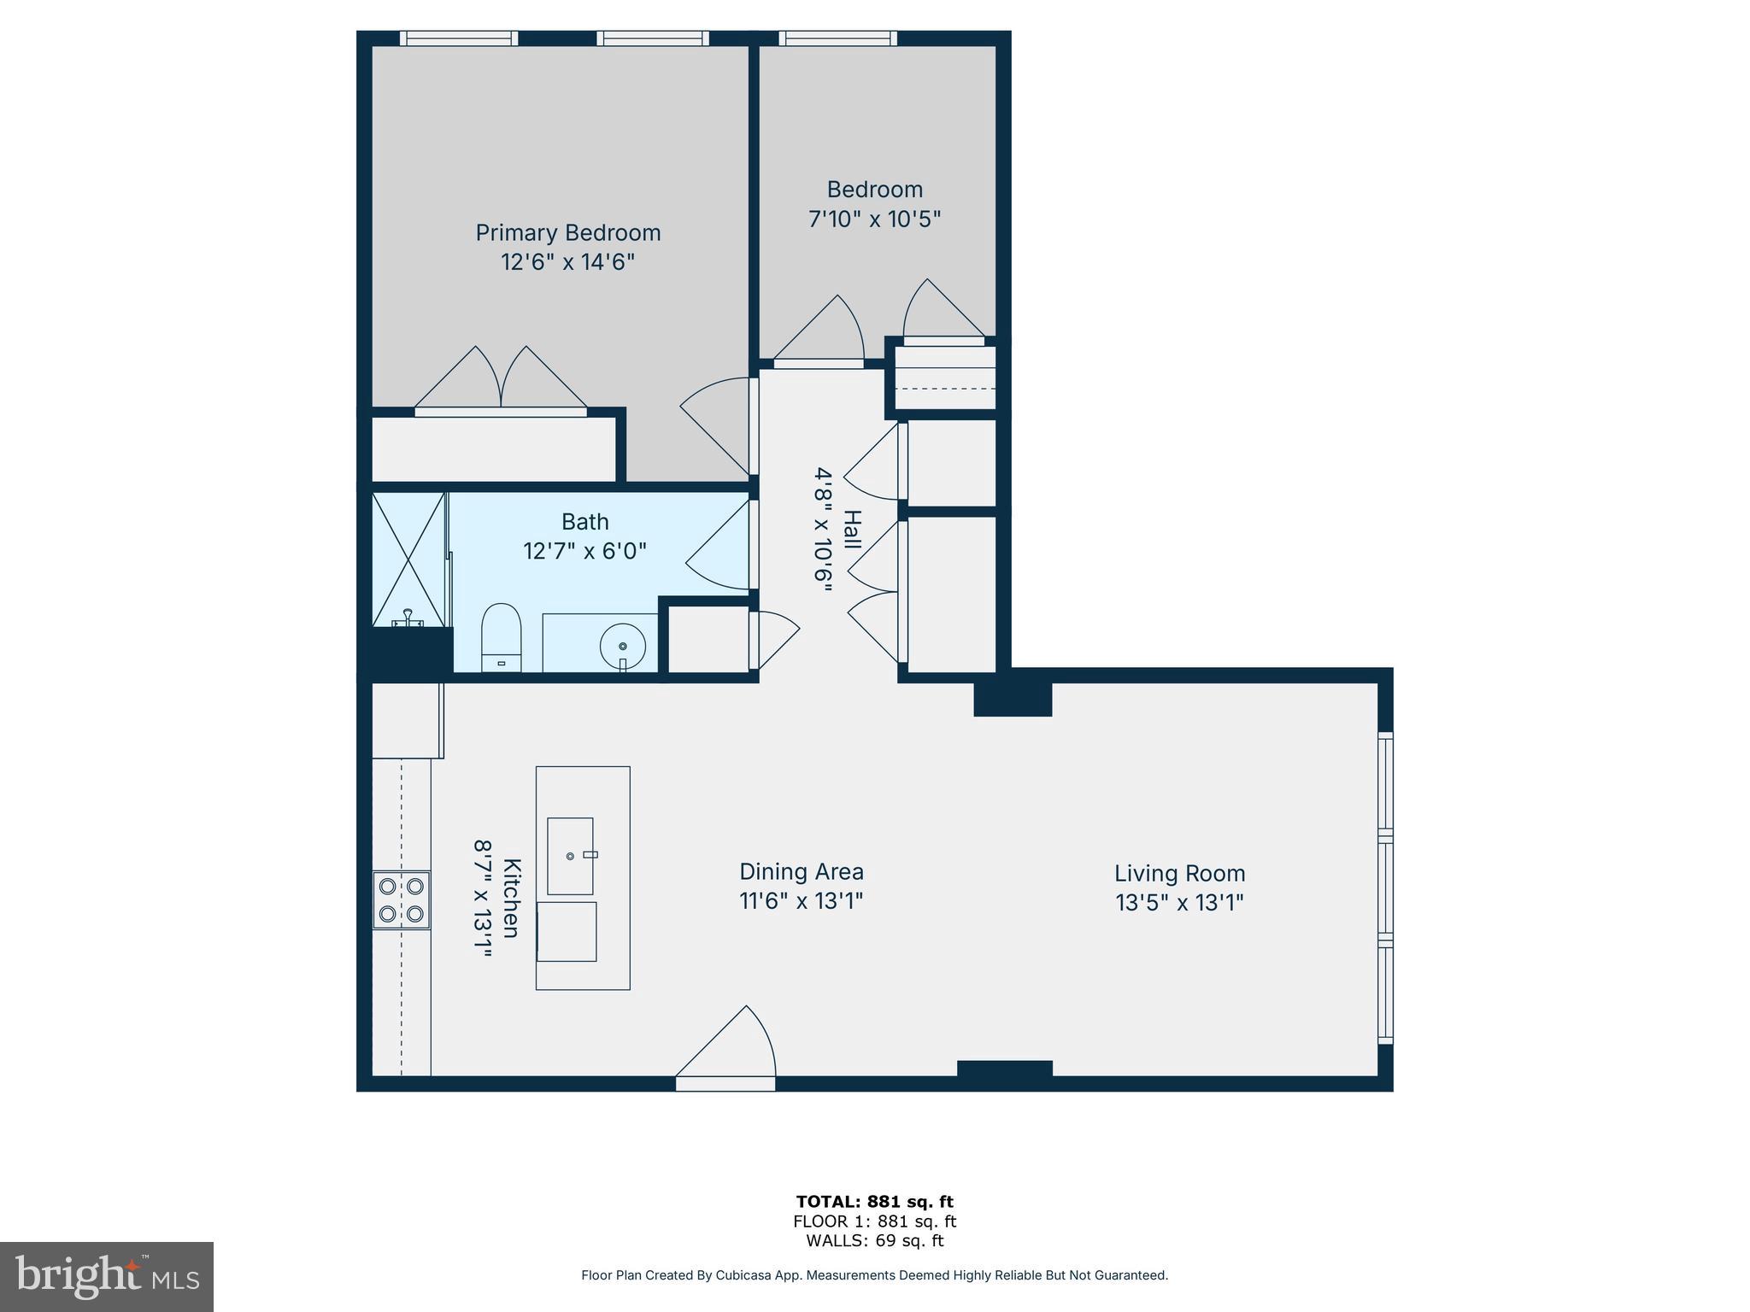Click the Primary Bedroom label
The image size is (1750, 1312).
[567, 232]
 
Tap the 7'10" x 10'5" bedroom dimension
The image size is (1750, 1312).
[874, 220]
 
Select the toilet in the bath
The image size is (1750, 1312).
[502, 636]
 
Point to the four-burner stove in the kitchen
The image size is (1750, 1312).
[402, 900]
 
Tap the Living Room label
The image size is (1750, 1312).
[1179, 873]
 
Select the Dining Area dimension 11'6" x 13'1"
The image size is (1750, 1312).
[801, 901]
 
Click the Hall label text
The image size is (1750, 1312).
[852, 530]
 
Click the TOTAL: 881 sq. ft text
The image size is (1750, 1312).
[874, 1202]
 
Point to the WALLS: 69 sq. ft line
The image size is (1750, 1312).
[874, 1241]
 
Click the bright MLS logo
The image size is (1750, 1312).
[107, 1277]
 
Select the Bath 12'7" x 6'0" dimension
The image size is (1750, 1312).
[584, 551]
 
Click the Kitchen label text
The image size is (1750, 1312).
[511, 898]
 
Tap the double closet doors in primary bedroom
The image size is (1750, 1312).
[501, 380]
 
